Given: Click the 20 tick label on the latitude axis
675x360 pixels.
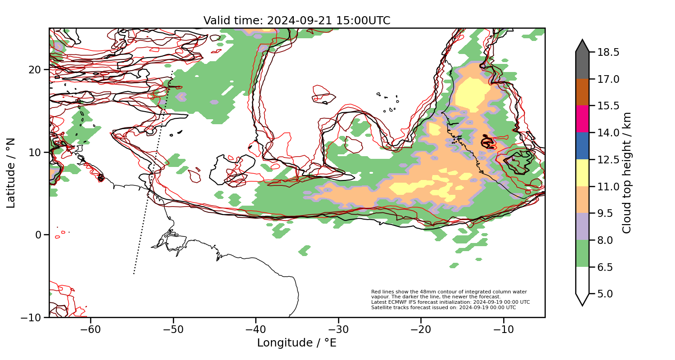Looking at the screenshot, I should pos(36,70).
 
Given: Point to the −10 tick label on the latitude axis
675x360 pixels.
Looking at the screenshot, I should pos(31,317).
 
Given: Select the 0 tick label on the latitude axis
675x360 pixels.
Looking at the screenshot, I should pos(39,235).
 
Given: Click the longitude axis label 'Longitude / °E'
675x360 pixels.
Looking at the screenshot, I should pos(297,343).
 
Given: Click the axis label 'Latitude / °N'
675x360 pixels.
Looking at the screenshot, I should pos(11,173).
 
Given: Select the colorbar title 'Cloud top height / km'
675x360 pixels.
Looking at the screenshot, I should pos(627,173).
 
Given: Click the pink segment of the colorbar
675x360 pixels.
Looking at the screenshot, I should pos(582,119).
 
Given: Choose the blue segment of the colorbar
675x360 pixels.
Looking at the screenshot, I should pos(582,146).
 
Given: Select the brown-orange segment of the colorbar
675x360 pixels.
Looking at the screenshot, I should pos(582,92).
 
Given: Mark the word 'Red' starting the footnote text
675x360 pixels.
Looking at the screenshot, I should pos(376,292).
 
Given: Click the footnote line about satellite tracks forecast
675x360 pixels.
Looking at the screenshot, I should pos(443,308).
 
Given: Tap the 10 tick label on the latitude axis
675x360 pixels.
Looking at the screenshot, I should pos(36,153).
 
